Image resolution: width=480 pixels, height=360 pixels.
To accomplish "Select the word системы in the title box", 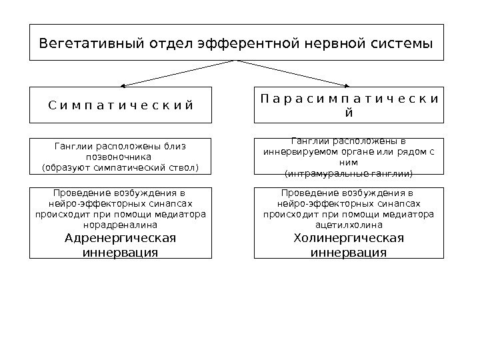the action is pyautogui.click(x=399, y=44).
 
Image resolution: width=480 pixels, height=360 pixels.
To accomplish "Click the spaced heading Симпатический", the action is pyautogui.click(x=121, y=105).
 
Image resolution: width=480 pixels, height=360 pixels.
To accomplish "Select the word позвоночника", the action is pyautogui.click(x=120, y=156).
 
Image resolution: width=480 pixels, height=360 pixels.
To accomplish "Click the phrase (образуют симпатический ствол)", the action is pyautogui.click(x=120, y=166).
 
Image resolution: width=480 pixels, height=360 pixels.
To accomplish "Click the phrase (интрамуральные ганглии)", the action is pyautogui.click(x=349, y=173).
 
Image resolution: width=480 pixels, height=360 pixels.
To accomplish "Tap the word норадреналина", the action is pyautogui.click(x=120, y=225).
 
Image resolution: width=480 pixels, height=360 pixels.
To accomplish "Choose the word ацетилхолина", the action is pyautogui.click(x=349, y=225).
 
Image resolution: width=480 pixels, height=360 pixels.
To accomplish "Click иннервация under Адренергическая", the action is pyautogui.click(x=120, y=253).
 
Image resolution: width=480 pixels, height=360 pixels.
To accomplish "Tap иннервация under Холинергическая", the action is pyautogui.click(x=349, y=253).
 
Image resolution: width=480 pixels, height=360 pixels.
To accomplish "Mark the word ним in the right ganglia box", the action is pyautogui.click(x=349, y=162).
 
